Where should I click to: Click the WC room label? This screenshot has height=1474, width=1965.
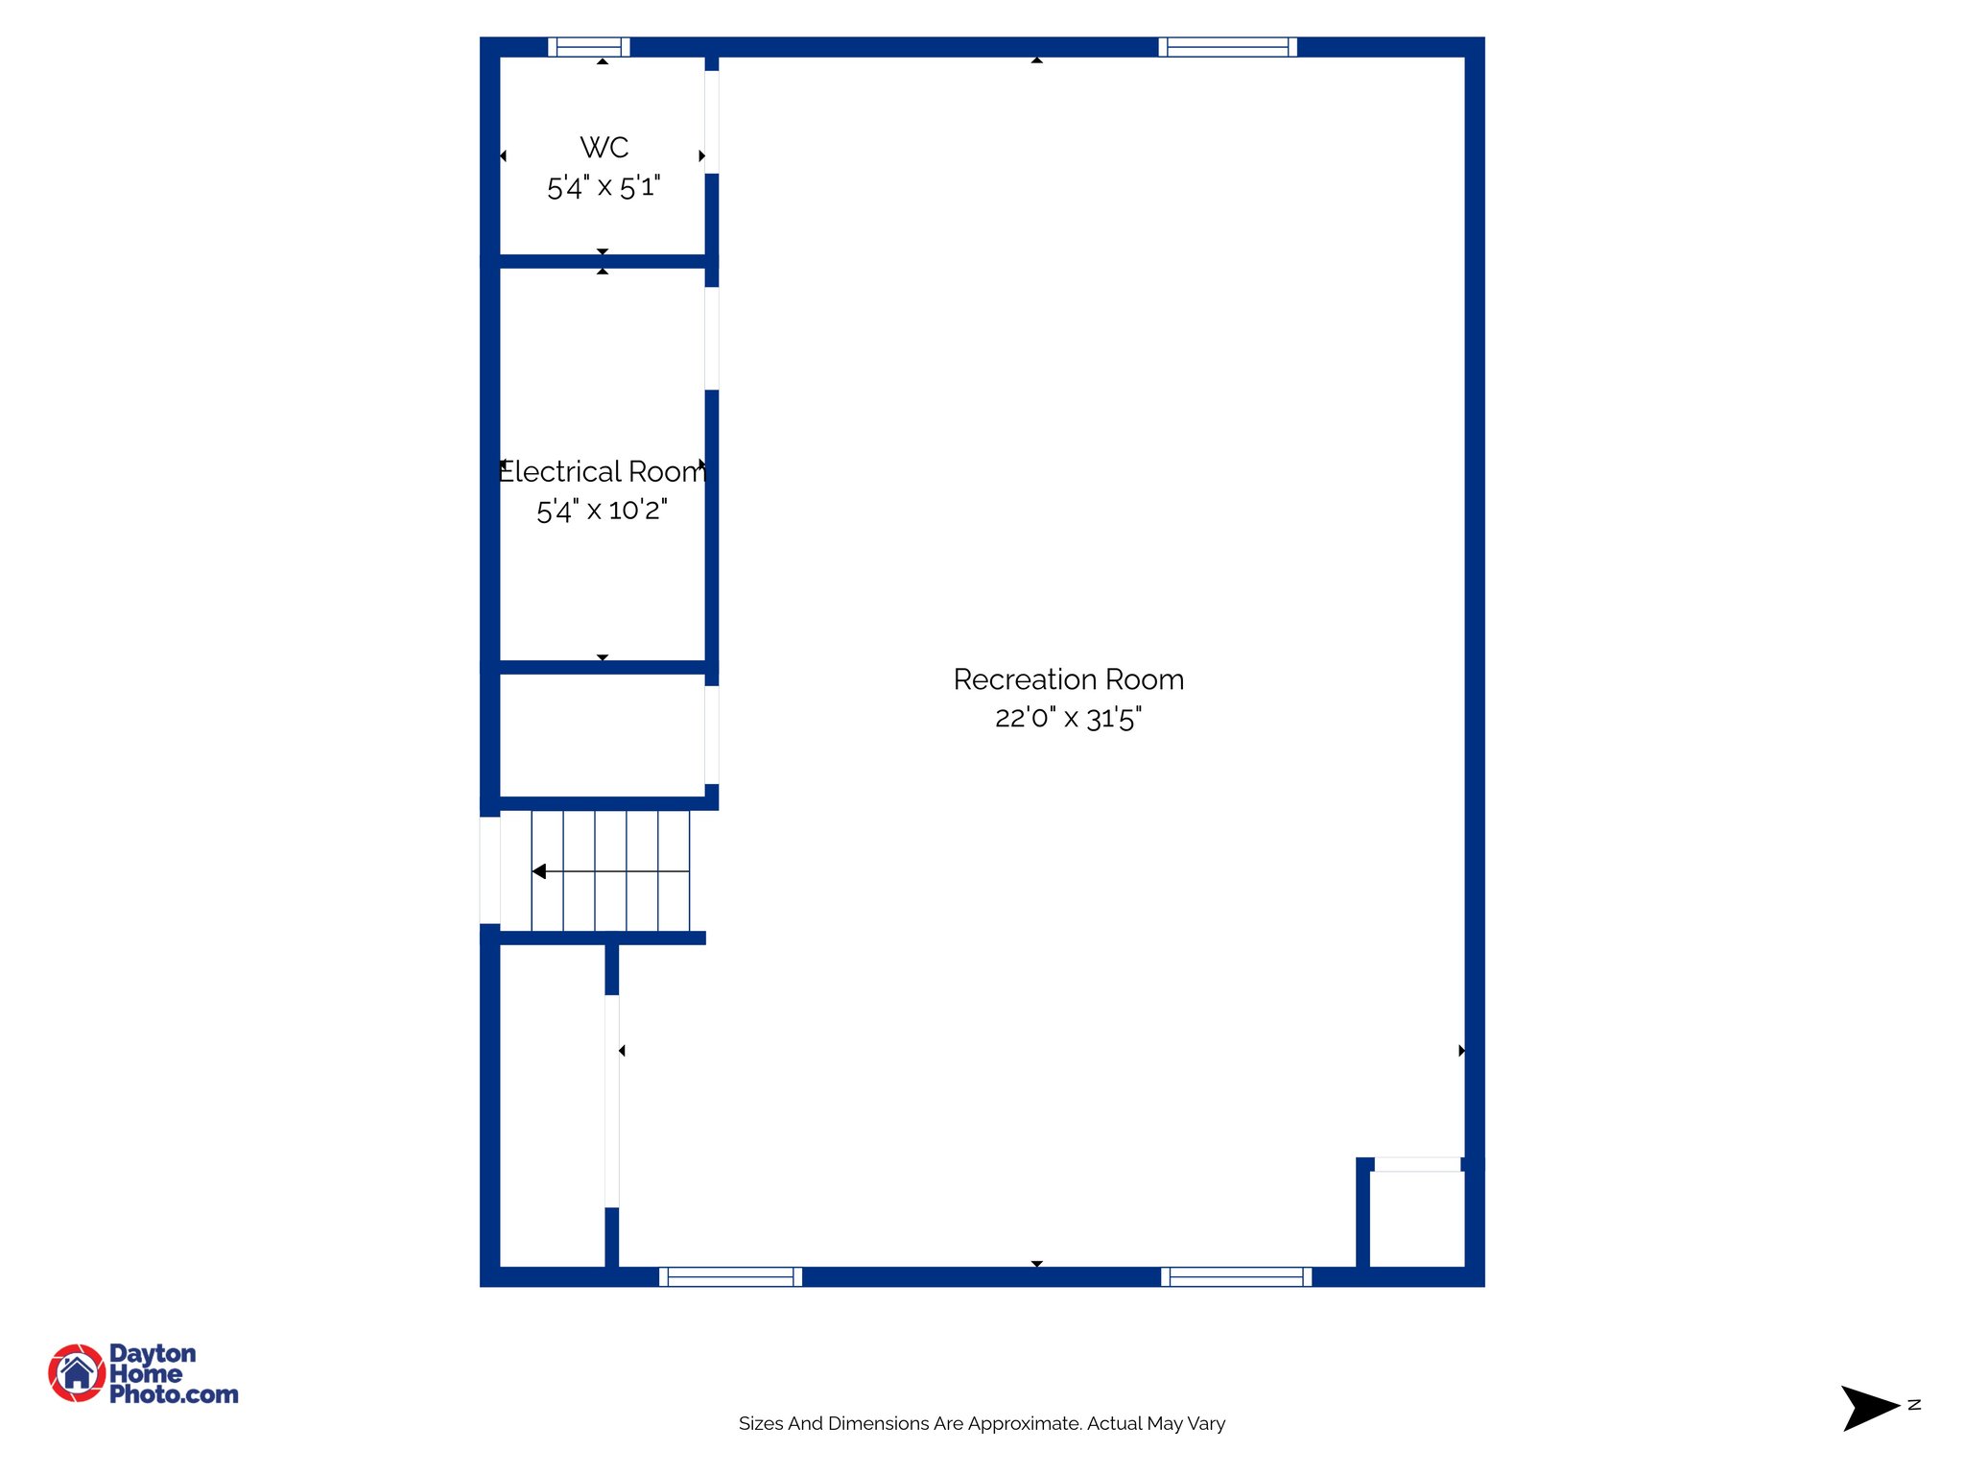604,148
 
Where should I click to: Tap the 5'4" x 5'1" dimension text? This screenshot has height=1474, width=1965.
604,187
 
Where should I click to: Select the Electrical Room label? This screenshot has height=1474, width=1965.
603,472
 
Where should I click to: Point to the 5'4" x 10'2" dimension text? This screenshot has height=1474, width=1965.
602,511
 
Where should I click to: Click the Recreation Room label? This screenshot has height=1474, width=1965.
1068,679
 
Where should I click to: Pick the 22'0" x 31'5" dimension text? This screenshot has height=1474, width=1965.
1068,718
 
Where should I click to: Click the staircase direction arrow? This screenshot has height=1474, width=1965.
540,871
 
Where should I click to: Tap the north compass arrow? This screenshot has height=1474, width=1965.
1869,1408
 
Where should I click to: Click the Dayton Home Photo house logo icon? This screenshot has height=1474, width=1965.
77,1372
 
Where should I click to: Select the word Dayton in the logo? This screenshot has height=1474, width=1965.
153,1353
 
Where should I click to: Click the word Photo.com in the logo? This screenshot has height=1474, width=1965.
174,1394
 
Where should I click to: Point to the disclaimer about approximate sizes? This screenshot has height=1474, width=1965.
982,1423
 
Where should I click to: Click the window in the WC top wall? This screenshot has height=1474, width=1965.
589,47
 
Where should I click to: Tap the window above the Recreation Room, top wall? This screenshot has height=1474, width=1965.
1227,47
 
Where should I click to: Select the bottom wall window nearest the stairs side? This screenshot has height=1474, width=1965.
730,1276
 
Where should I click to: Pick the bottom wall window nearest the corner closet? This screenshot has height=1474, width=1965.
1236,1276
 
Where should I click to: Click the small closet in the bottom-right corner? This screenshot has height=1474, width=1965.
1416,1219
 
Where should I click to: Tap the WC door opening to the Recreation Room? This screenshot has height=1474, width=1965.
712,122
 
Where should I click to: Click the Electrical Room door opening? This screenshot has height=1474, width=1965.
712,338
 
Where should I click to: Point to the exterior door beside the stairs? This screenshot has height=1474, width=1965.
489,869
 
